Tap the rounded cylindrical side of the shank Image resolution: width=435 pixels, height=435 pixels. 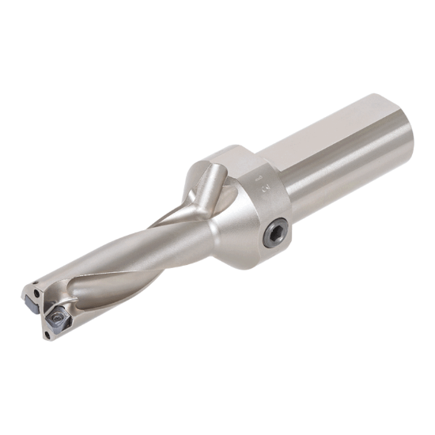[348, 182]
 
